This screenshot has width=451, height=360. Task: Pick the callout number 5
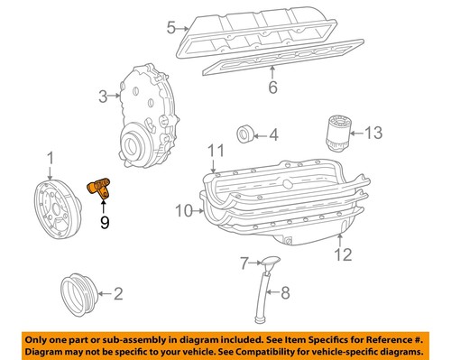(170, 28)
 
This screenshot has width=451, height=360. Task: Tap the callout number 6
(272, 87)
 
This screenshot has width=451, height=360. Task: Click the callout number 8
(285, 291)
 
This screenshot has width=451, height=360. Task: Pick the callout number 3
(104, 96)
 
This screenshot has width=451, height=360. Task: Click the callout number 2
(118, 292)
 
